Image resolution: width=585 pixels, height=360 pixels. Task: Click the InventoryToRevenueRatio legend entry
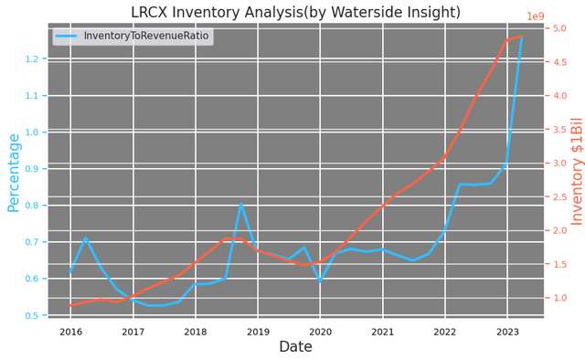pos(146,36)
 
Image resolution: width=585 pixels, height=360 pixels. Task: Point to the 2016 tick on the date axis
pos(70,332)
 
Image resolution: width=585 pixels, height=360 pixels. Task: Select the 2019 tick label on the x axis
pos(258,332)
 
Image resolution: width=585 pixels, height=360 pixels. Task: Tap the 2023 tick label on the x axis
pos(507,332)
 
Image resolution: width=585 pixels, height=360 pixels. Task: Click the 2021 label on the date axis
pos(382,332)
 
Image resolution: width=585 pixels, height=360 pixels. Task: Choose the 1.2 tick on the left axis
pos(34,59)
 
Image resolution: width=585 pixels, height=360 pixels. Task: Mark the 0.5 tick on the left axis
pos(34,315)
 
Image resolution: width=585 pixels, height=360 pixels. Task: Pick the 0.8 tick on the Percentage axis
pos(34,206)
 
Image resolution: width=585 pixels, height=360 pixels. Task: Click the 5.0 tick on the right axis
pos(559,28)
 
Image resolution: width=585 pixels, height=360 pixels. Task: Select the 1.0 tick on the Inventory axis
pos(559,298)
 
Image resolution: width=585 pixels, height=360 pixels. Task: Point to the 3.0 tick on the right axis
pos(559,164)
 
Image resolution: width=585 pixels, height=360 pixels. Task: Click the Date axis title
pos(295,348)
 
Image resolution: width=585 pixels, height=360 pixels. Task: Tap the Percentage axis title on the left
pos(14,185)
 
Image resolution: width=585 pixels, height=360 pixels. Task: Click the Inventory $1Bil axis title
pos(577,183)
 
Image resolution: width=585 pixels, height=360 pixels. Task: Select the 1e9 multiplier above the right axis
pos(561,16)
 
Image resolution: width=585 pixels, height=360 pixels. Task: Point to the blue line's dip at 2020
pos(320,281)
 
